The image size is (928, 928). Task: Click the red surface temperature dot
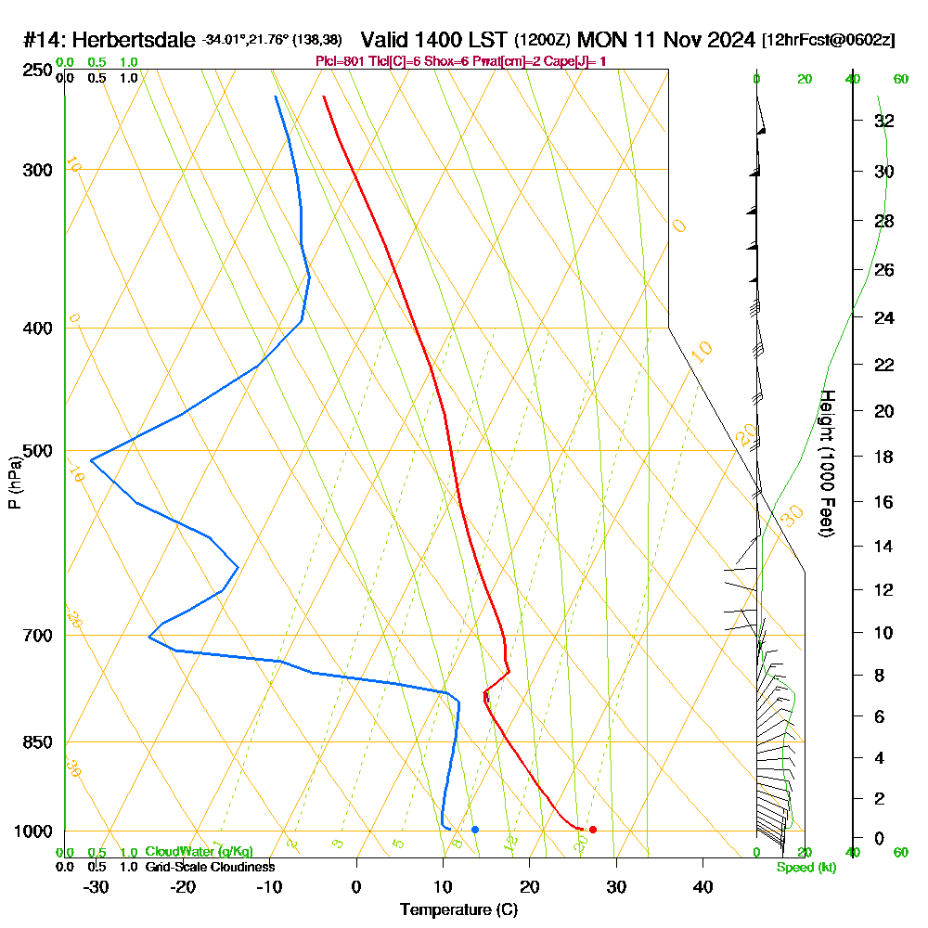tap(592, 829)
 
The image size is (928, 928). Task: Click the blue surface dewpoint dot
tap(474, 829)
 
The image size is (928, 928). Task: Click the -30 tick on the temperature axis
tap(97, 887)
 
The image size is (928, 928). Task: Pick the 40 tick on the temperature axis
tap(702, 887)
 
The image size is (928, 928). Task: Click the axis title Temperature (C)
tap(458, 910)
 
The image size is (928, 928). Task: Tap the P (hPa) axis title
tap(15, 482)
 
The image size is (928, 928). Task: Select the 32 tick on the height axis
tap(884, 121)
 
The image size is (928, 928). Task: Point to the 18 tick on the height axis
tap(884, 457)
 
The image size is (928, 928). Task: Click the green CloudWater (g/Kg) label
tap(199, 852)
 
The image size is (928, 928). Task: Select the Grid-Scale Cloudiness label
tap(210, 867)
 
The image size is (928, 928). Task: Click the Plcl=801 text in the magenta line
tap(343, 61)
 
